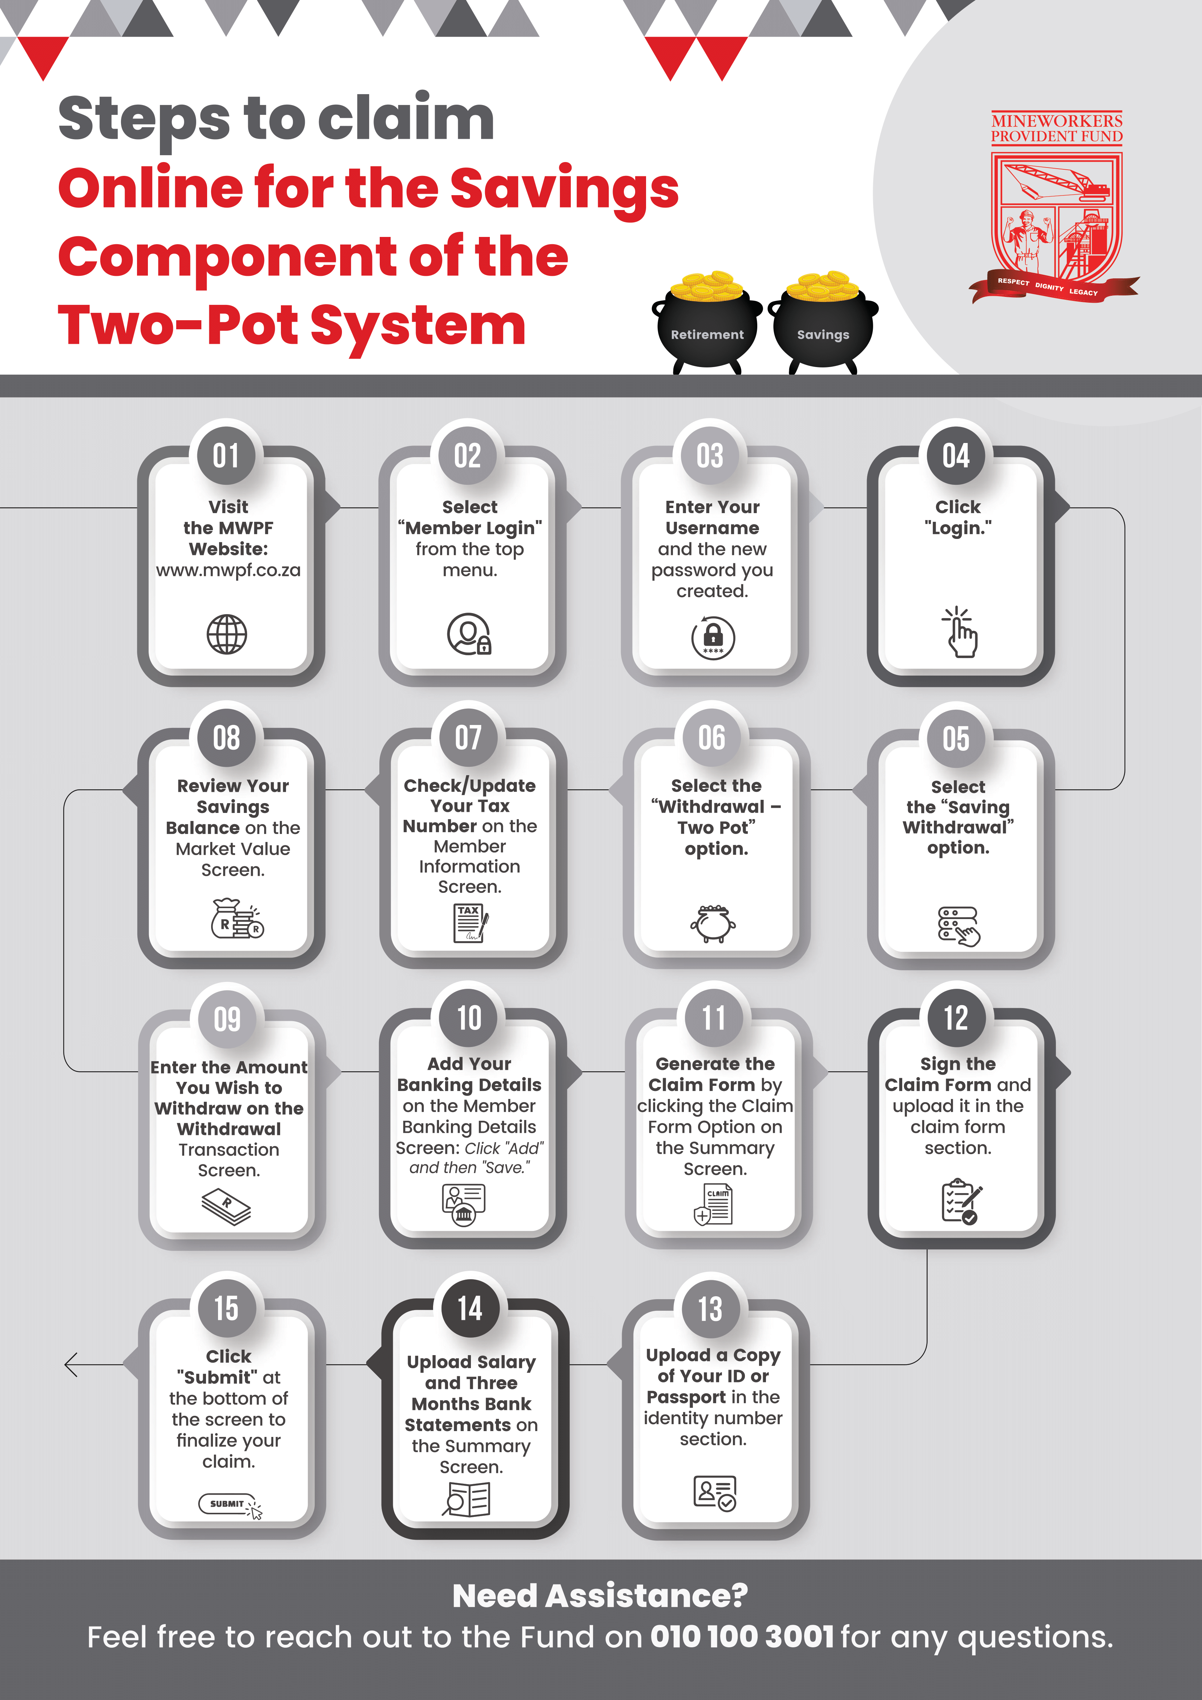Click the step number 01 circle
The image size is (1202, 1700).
(x=226, y=455)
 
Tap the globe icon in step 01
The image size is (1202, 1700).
(x=226, y=635)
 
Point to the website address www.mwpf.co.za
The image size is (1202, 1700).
(x=228, y=570)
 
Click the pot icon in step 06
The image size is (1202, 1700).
(x=713, y=923)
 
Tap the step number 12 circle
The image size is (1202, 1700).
(x=956, y=1018)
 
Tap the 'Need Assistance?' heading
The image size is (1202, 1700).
(x=600, y=1596)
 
